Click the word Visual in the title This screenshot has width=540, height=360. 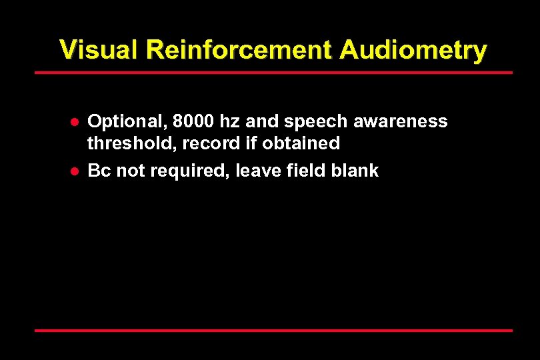point(98,50)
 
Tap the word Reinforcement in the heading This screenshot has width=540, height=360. point(237,50)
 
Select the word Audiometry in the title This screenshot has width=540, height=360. point(413,50)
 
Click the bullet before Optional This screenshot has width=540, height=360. point(76,123)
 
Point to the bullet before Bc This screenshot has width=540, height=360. point(76,171)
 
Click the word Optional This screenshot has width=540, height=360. point(126,122)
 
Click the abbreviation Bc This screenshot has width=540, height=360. point(99,171)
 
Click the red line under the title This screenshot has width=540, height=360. point(273,72)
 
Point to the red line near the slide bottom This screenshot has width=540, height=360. point(273,330)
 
